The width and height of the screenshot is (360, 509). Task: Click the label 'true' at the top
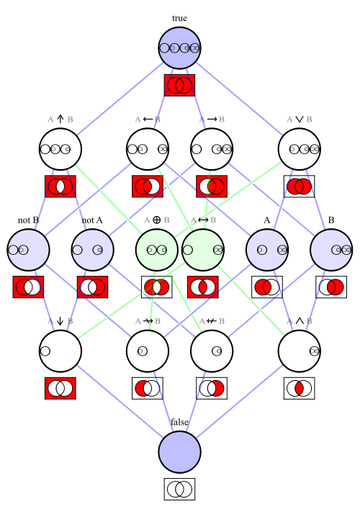click(x=179, y=18)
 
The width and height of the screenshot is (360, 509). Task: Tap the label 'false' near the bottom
click(x=179, y=422)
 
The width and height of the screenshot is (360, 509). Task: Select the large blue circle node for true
click(x=180, y=48)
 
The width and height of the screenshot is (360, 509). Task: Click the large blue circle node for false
click(x=180, y=452)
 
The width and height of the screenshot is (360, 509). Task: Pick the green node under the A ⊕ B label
click(x=157, y=250)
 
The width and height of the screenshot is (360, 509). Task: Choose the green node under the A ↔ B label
click(x=203, y=250)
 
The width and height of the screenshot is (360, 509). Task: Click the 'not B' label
click(x=28, y=220)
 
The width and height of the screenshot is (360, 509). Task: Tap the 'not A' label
click(x=92, y=220)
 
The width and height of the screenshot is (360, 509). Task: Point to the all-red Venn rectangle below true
click(x=179, y=85)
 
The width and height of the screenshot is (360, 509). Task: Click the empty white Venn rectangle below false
click(x=179, y=489)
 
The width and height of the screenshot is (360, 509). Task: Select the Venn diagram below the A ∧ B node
click(x=300, y=388)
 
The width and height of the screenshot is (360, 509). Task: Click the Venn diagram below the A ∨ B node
click(x=300, y=186)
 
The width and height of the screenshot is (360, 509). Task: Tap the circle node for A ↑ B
click(x=60, y=149)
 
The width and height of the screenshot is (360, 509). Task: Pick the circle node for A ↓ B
click(x=60, y=351)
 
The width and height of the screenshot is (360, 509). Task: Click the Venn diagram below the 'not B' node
click(x=28, y=287)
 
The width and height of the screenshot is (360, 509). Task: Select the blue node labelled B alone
click(x=331, y=250)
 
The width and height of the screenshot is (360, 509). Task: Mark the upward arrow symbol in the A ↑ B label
click(x=60, y=119)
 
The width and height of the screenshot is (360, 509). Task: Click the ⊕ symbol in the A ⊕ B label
click(x=156, y=220)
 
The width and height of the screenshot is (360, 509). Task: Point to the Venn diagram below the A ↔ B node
click(x=203, y=287)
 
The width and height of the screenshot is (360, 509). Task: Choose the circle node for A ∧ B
click(x=300, y=351)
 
